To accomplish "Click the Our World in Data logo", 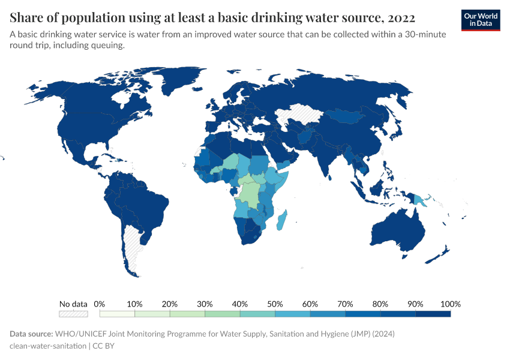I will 480,20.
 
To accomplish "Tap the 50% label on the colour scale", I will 275,304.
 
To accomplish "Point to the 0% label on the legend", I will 100,304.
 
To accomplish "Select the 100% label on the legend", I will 450,304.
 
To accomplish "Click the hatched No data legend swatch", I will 73,313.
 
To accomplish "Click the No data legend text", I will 73,304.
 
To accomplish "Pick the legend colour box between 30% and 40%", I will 222,313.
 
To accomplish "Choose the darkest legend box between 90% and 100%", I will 433,313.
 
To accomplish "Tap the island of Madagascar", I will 281,220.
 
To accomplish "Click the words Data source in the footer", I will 31,334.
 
